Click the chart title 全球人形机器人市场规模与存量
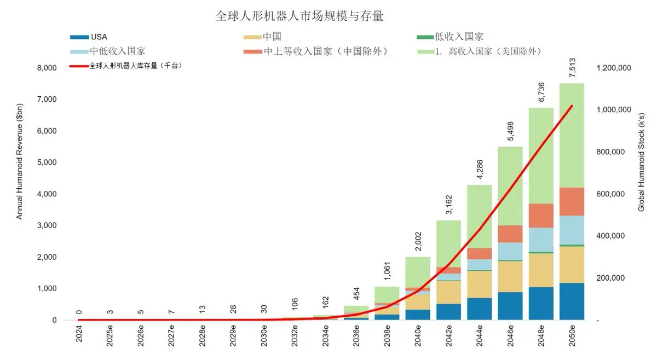coord(299,16)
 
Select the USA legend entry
coord(89,37)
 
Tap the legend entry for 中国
coord(262,37)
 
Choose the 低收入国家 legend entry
coord(450,37)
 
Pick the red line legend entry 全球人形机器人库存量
coord(125,66)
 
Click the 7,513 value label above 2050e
coord(572,68)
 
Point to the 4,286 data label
coord(480,169)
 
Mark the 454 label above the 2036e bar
coord(356,293)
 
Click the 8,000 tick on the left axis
coord(47,68)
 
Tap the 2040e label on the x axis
coord(418,336)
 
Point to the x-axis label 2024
coord(79,334)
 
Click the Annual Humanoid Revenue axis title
coord(19,161)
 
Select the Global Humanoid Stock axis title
coord(641,162)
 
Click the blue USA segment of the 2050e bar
coord(572,301)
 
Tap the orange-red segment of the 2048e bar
coord(541,216)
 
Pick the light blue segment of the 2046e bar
coord(510,251)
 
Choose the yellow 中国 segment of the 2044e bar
coord(480,284)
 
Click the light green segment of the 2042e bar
coord(449,244)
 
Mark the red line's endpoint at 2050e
coord(572,106)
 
